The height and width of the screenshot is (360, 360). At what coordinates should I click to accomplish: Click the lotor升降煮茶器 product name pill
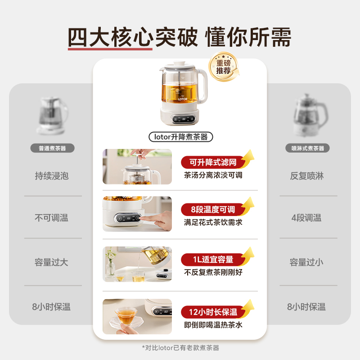(x=180, y=137)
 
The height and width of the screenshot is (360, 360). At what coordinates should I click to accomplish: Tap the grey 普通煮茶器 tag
(x=53, y=148)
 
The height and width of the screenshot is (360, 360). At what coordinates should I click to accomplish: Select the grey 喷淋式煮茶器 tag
(x=308, y=148)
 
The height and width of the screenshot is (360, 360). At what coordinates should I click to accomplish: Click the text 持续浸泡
(x=52, y=175)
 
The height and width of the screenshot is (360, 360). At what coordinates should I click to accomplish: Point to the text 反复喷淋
(x=307, y=175)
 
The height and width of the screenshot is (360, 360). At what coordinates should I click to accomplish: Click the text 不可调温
(x=52, y=218)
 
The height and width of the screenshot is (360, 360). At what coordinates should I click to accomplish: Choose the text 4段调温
(x=307, y=218)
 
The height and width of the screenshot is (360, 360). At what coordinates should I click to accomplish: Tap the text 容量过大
(x=52, y=262)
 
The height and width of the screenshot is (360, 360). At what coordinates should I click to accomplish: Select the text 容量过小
(x=307, y=262)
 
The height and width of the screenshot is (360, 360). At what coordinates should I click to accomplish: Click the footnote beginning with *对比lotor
(x=180, y=347)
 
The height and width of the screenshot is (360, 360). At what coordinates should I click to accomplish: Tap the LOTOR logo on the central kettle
(x=182, y=98)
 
